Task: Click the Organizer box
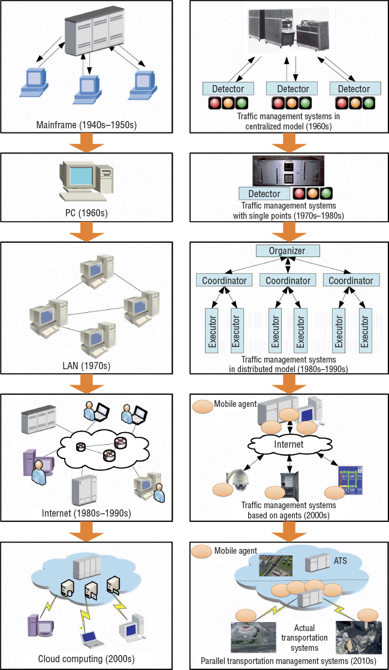287,251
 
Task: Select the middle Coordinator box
288,280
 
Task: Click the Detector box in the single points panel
264,194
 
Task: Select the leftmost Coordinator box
221,280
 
